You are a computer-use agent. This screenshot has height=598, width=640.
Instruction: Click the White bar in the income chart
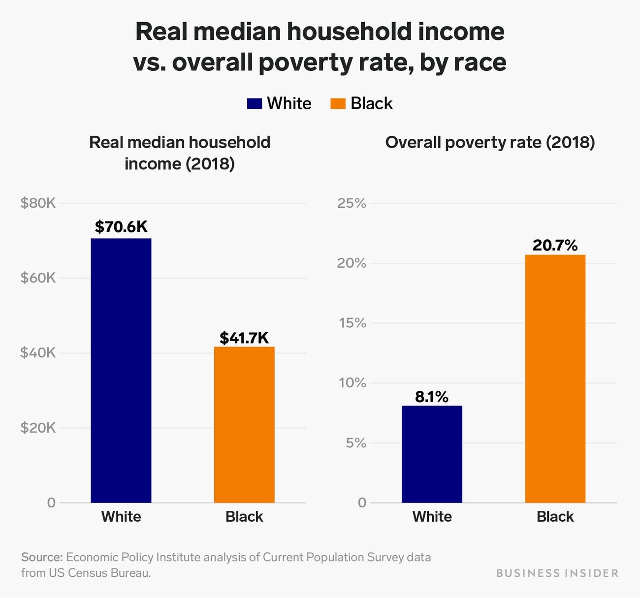pyautogui.click(x=121, y=370)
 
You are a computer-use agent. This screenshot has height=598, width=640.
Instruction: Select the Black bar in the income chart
pyautogui.click(x=244, y=424)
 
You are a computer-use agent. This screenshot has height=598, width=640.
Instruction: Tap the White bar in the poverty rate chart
pyautogui.click(x=432, y=454)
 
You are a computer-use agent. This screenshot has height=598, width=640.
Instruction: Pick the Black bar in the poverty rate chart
pyautogui.click(x=555, y=378)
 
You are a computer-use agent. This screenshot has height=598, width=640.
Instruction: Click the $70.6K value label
pyautogui.click(x=121, y=227)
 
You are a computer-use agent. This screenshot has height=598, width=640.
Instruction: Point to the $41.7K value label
pyautogui.click(x=244, y=338)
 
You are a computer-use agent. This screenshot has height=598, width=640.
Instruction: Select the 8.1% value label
pyautogui.click(x=432, y=397)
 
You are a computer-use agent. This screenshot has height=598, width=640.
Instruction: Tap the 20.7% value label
pyautogui.click(x=555, y=245)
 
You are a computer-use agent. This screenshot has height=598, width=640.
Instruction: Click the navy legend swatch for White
pyautogui.click(x=254, y=103)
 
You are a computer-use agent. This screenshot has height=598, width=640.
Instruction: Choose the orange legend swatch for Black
pyautogui.click(x=338, y=103)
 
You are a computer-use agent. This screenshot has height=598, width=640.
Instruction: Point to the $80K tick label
pyautogui.click(x=38, y=203)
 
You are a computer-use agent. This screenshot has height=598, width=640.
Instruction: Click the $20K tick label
pyautogui.click(x=38, y=428)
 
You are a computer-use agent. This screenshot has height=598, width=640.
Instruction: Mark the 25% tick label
pyautogui.click(x=352, y=203)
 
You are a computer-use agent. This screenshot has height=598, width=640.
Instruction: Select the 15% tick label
pyautogui.click(x=352, y=323)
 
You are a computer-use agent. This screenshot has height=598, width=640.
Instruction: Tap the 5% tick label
pyautogui.click(x=355, y=443)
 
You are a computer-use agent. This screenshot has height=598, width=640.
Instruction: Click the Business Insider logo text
pyautogui.click(x=557, y=573)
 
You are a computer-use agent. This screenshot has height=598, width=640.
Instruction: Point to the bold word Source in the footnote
pyautogui.click(x=42, y=557)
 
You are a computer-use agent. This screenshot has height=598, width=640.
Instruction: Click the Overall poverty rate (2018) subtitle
pyautogui.click(x=490, y=142)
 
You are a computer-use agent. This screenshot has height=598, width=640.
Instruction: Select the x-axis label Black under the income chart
pyautogui.click(x=244, y=516)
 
